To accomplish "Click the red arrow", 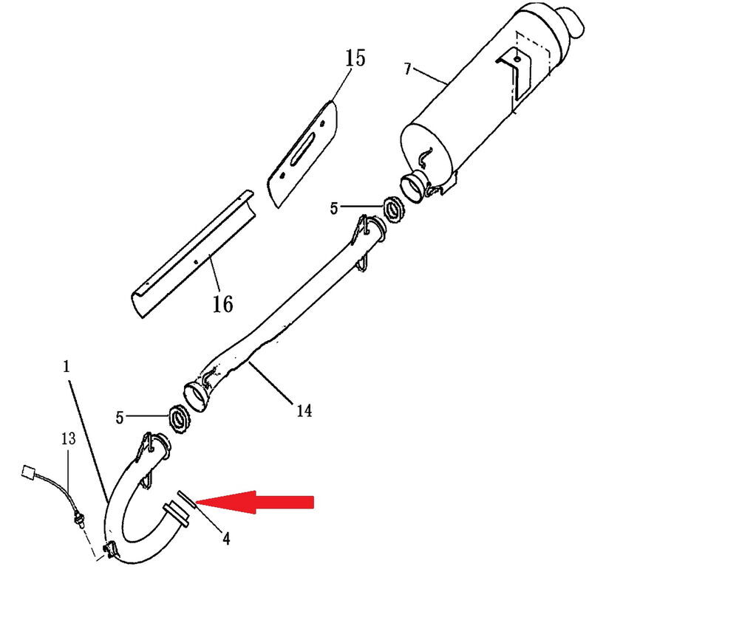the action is [254, 502].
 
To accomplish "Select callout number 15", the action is [355, 58].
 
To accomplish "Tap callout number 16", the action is [222, 304].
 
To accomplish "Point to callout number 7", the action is [408, 69].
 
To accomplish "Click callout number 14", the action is [304, 411].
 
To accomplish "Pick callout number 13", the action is [68, 438].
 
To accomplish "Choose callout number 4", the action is [226, 539].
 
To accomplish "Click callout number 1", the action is [67, 366].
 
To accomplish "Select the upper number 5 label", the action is [334, 208].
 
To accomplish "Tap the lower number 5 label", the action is [120, 418].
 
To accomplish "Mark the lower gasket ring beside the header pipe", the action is [179, 419].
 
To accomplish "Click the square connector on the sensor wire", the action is [29, 472].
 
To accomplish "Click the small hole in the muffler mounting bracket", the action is [517, 59].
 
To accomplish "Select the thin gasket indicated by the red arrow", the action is [187, 500].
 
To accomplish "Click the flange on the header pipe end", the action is [176, 515].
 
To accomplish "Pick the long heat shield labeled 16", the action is [193, 254].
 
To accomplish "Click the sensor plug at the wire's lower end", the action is [78, 520].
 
